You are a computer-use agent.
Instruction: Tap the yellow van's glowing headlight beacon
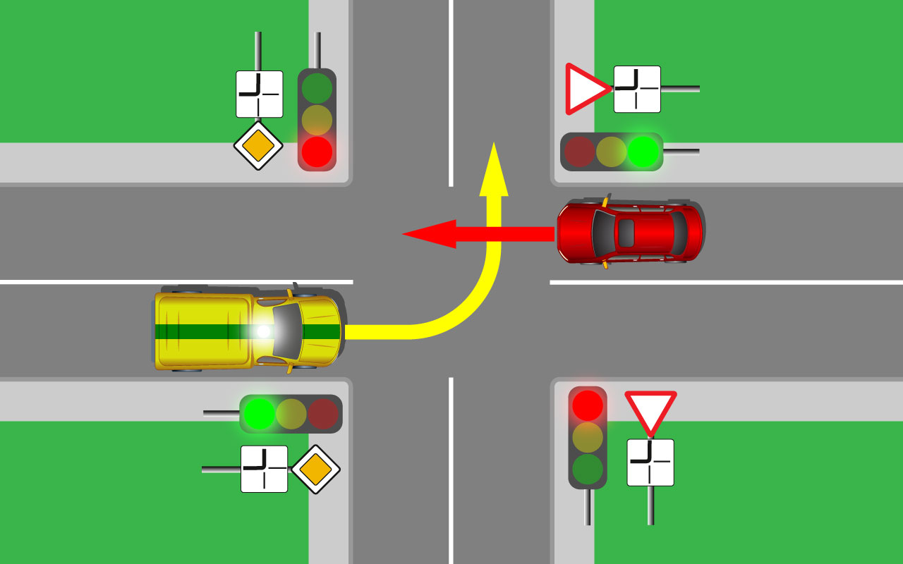[x=264, y=331]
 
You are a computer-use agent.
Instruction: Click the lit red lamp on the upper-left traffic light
[x=317, y=152]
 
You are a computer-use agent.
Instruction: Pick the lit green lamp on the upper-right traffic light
[x=643, y=152]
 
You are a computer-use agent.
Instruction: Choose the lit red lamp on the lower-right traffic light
[x=588, y=405]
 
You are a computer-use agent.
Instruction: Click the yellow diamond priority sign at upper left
[x=258, y=146]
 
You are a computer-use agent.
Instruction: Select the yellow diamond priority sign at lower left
[x=316, y=470]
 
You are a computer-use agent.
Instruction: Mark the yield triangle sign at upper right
[x=584, y=90]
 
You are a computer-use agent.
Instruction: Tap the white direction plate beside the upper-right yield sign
[x=637, y=90]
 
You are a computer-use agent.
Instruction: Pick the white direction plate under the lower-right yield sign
[x=650, y=462]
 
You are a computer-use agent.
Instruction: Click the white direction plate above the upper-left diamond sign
[x=259, y=94]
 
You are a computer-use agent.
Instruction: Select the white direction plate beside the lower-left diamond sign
[x=264, y=469]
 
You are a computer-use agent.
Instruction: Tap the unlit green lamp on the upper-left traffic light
[x=317, y=88]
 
